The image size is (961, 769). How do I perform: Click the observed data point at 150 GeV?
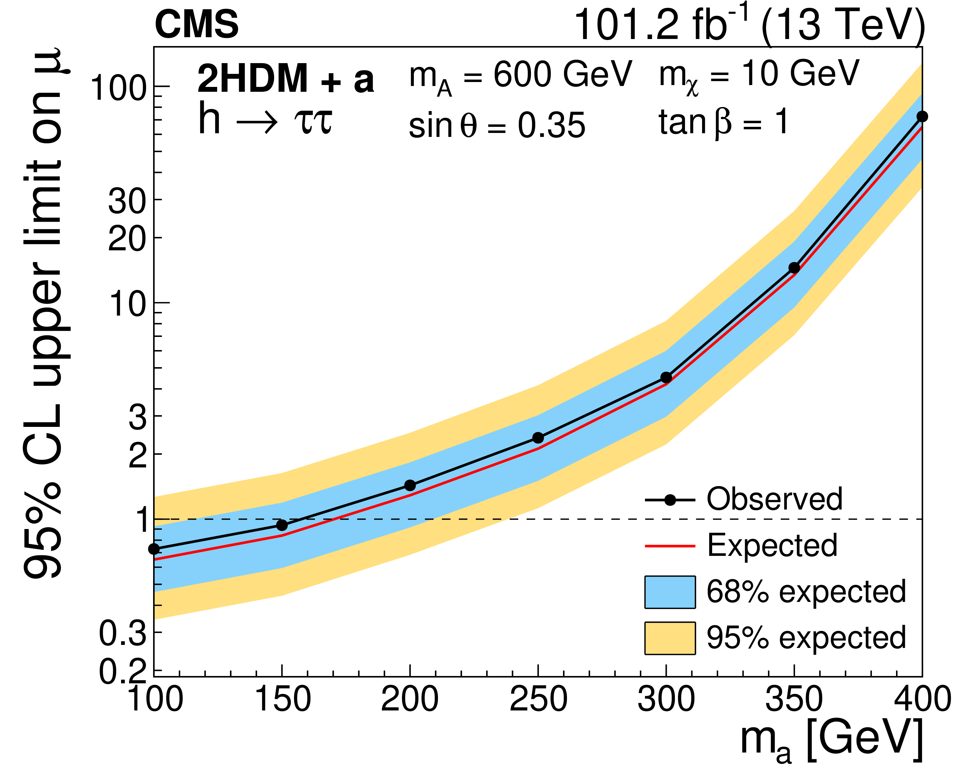[x=282, y=525]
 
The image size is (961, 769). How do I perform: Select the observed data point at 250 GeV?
[x=538, y=438]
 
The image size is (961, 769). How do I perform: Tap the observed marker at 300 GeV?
[x=666, y=377]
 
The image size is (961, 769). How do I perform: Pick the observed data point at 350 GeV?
[x=794, y=268]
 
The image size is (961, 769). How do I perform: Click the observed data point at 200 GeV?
[x=410, y=485]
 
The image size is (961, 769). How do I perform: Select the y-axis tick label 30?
[x=127, y=201]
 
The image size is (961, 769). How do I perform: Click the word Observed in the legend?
[x=775, y=499]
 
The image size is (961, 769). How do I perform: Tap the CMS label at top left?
[x=197, y=24]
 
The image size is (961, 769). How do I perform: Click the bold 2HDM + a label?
[x=285, y=79]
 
